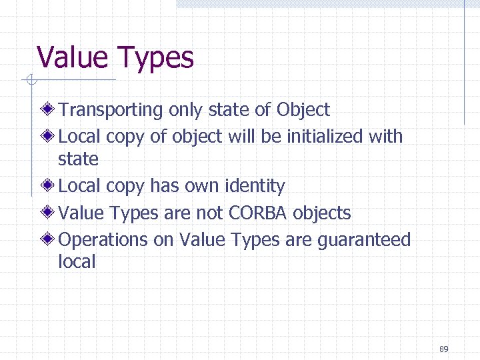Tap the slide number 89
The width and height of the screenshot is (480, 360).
click(x=444, y=349)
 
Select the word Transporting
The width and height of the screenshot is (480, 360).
click(x=111, y=110)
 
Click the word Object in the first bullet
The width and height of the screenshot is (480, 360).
click(x=303, y=110)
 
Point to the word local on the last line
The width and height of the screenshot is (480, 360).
click(x=77, y=262)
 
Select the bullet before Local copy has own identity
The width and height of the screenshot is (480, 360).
click(x=49, y=185)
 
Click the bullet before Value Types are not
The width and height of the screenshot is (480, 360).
click(x=49, y=213)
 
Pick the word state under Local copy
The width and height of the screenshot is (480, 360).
click(x=78, y=159)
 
